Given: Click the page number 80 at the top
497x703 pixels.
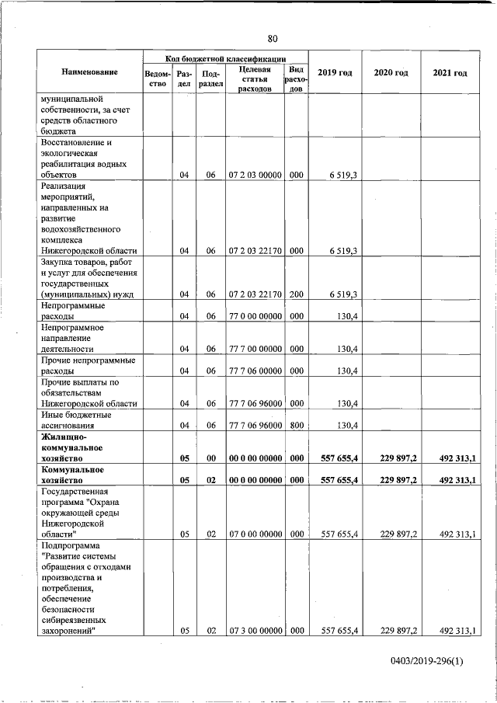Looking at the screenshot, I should [273, 39].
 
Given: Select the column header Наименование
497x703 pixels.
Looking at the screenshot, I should [90, 72].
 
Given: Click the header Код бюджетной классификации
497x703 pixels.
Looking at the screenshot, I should [225, 58].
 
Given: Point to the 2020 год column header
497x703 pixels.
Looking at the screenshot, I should [391, 73].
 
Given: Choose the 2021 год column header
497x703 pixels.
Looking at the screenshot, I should [450, 73].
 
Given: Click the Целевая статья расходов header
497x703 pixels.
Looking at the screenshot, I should [255, 78].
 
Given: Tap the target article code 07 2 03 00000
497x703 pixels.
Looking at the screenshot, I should [255, 175].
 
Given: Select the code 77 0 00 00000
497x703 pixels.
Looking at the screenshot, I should [255, 317].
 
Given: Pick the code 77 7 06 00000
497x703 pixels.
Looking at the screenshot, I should [255, 371].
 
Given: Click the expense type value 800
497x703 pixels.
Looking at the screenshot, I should [296, 425].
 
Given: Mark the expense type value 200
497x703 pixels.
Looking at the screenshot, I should [296, 294].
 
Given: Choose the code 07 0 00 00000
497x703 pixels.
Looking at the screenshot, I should [255, 534].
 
